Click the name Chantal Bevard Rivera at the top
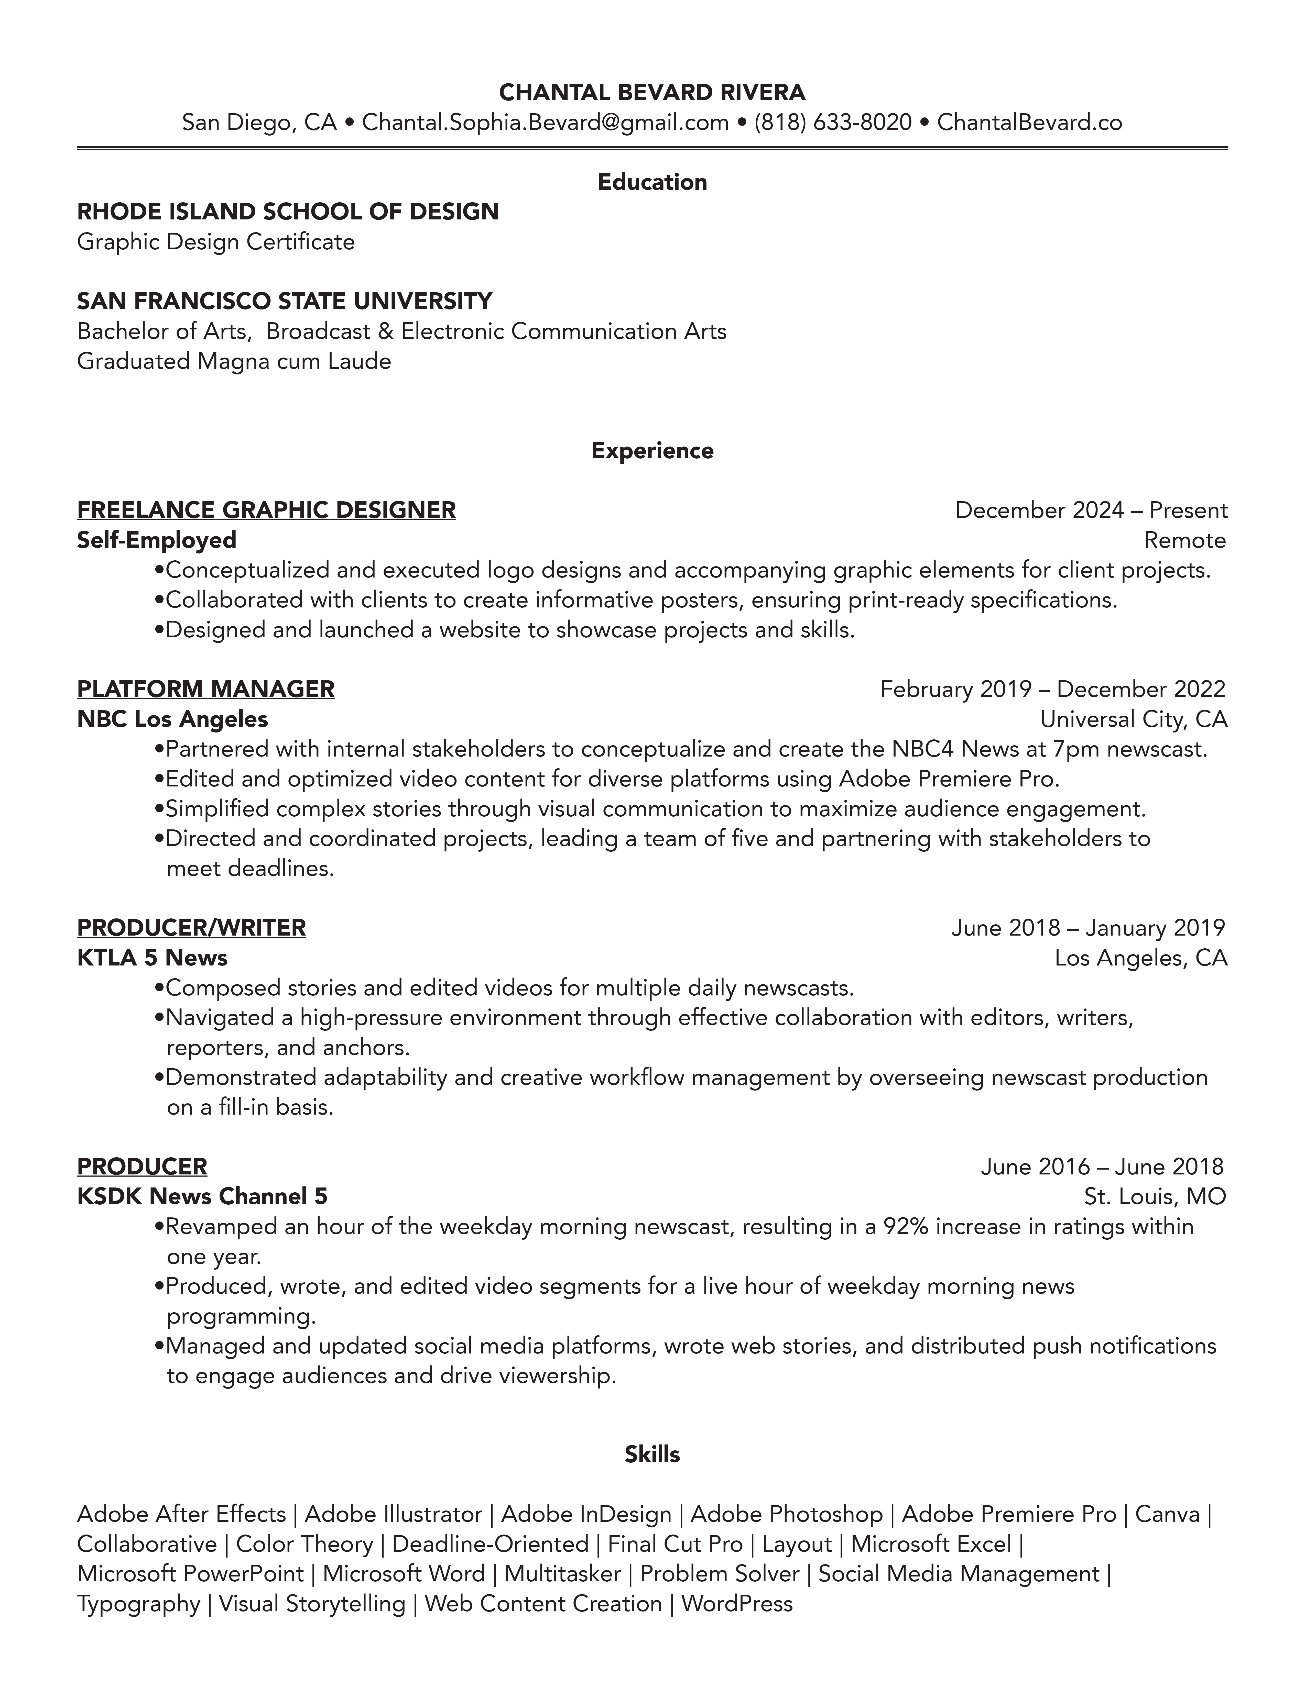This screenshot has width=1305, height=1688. tap(652, 93)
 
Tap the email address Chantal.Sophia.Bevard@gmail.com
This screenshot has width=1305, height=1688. tap(545, 122)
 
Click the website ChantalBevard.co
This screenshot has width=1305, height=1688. tap(1029, 122)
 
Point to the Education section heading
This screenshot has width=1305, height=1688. tap(652, 182)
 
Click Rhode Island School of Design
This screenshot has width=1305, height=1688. tap(288, 212)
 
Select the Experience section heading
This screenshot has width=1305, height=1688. tap(652, 451)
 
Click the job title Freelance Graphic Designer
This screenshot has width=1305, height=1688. tap(266, 510)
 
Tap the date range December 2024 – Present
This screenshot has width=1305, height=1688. tap(1091, 510)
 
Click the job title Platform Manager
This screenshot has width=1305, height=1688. tap(206, 689)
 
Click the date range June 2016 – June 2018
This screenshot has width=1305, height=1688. tap(1102, 1166)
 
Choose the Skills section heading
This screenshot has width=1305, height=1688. tap(652, 1454)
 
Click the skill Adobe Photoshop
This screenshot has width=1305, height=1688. tap(786, 1514)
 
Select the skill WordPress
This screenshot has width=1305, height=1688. tap(737, 1604)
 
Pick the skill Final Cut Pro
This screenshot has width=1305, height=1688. tap(675, 1544)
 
